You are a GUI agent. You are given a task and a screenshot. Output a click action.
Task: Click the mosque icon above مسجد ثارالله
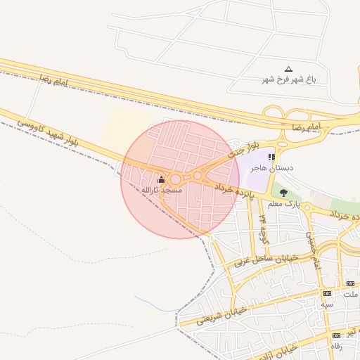[162, 179]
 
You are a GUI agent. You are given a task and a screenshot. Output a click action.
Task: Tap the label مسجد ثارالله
[162, 190]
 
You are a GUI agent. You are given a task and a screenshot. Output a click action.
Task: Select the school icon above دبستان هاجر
[271, 157]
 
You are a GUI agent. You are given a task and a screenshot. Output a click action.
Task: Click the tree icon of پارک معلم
[283, 193]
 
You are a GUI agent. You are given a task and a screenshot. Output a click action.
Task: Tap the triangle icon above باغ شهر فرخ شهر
[288, 70]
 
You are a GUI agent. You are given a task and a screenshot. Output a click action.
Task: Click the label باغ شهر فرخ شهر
[289, 79]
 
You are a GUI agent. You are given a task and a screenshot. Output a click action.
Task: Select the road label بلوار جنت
[238, 149]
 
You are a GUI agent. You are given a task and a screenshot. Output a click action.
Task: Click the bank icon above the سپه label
[327, 293]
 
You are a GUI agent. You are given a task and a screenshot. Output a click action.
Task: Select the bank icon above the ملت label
[350, 283]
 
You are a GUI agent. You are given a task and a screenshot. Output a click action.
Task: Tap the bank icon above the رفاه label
[337, 335]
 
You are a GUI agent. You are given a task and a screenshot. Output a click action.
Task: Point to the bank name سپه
[327, 304]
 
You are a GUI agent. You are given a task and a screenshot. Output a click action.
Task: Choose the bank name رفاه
[337, 346]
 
